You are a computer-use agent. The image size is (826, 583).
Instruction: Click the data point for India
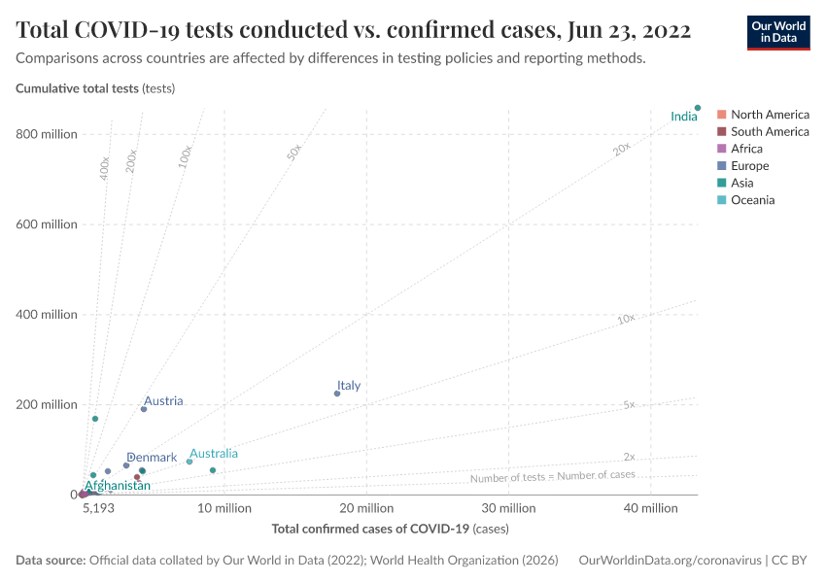click(698, 108)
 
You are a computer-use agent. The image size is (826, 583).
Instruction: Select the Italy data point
click(337, 394)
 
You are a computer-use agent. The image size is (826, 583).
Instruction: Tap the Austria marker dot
click(144, 409)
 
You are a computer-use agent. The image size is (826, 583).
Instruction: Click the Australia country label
click(213, 454)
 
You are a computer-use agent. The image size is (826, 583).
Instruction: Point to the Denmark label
click(152, 458)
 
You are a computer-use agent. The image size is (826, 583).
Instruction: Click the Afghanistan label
click(118, 486)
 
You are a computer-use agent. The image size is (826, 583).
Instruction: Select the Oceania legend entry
click(752, 200)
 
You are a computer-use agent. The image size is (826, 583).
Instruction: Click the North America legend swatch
click(721, 115)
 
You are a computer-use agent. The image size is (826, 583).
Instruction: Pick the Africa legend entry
click(746, 149)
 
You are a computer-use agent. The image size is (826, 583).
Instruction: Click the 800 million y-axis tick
click(47, 134)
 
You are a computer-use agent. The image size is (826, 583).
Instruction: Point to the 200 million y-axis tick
click(47, 404)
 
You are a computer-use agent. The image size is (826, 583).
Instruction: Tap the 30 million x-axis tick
click(509, 508)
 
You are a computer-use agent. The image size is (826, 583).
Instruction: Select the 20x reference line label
click(622, 149)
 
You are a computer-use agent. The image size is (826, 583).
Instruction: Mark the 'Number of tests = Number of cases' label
click(552, 476)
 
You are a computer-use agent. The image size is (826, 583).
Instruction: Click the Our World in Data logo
click(777, 32)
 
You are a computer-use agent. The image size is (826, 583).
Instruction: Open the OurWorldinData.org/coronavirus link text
click(669, 561)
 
